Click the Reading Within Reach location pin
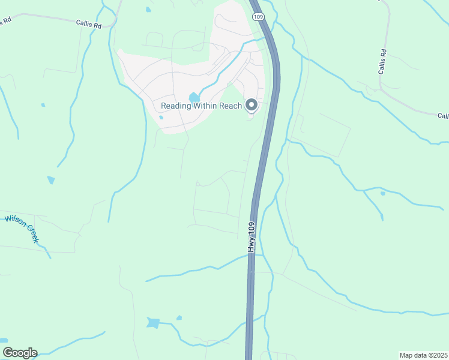point(252,106)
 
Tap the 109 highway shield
point(258,17)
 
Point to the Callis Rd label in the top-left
point(88,23)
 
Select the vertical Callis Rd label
point(382,62)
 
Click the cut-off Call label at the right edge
point(442,116)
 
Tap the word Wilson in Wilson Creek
point(14,220)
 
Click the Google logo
point(19,353)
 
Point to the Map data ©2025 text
point(423,355)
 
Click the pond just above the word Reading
point(194,97)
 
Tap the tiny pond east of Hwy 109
point(382,193)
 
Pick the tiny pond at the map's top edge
point(148,10)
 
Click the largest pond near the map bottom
point(154,323)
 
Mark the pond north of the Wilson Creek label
point(50,180)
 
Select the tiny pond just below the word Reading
point(161,117)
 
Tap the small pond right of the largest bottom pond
point(179,318)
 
